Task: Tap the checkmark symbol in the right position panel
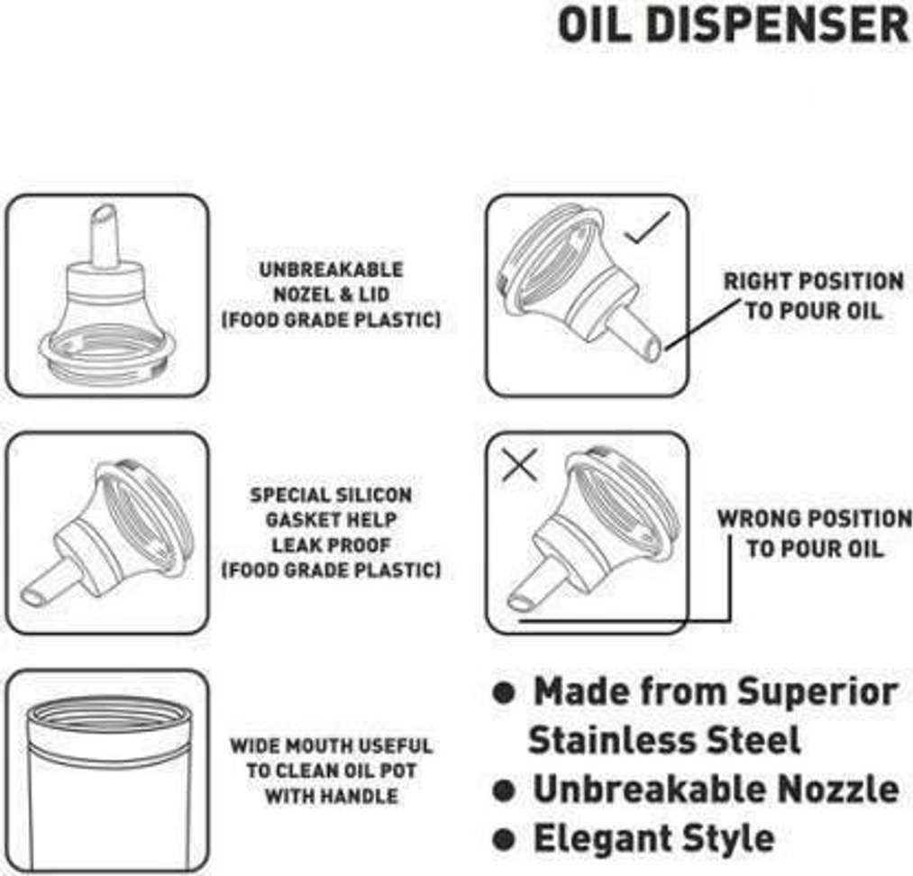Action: coord(647,228)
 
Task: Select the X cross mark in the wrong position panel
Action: coord(519,464)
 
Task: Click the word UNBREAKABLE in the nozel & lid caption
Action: coord(332,269)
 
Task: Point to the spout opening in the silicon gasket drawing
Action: coord(32,597)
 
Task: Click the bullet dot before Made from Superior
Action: coord(504,693)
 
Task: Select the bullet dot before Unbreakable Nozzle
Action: coord(504,790)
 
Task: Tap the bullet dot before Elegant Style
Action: coord(504,839)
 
